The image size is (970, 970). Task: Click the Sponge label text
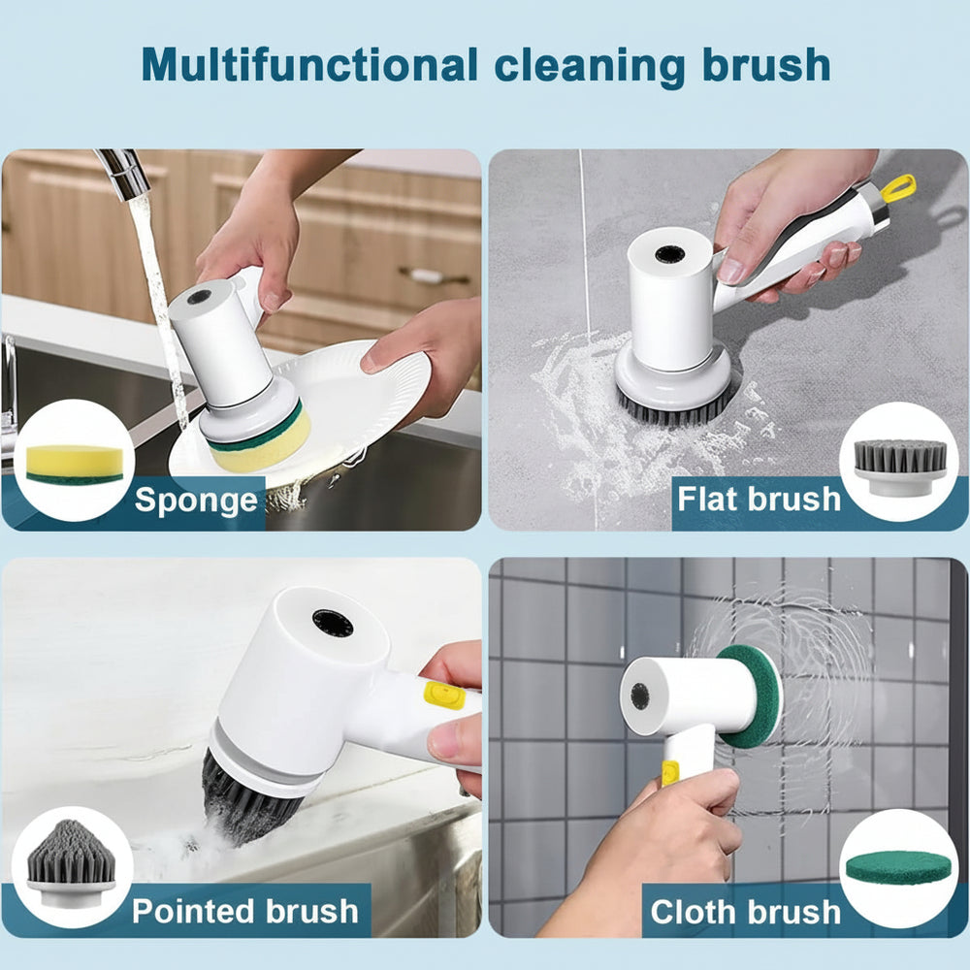click(197, 500)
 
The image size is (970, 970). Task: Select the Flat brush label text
click(759, 499)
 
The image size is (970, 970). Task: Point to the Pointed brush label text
click(245, 911)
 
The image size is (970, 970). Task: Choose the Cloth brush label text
click(746, 912)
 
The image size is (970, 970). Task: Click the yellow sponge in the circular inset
click(75, 463)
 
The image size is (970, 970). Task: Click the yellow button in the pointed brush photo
click(444, 695)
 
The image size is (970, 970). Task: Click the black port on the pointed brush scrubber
click(333, 623)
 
